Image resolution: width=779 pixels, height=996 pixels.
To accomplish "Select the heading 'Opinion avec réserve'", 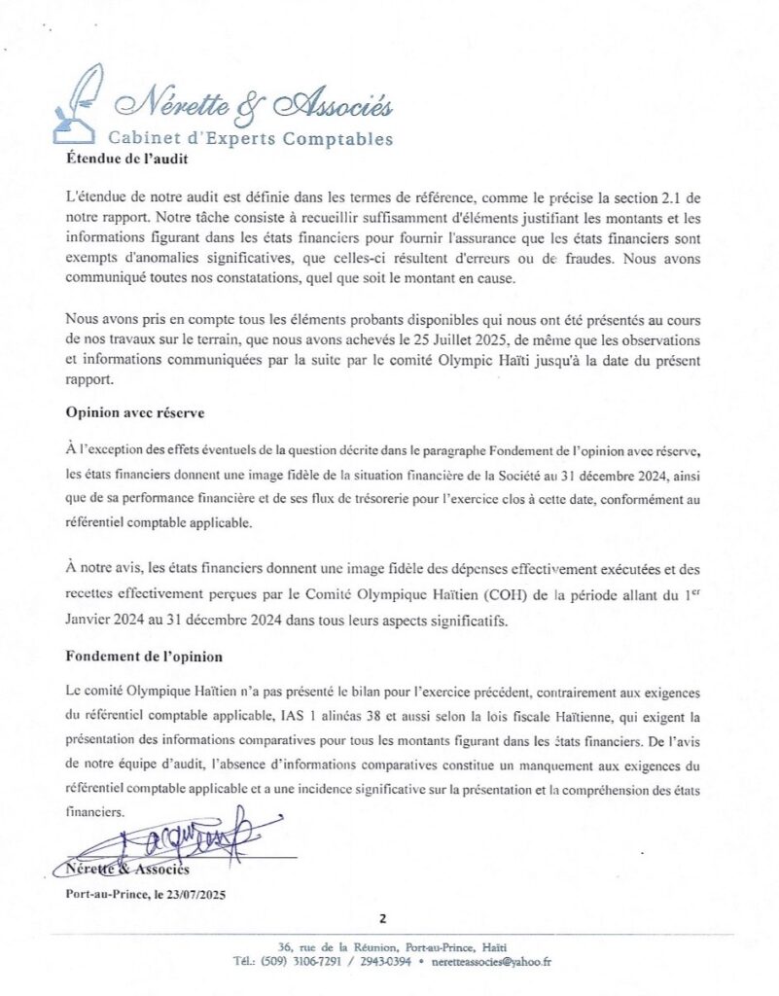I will (x=135, y=411).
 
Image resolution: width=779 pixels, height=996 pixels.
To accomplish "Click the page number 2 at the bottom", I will (x=383, y=917).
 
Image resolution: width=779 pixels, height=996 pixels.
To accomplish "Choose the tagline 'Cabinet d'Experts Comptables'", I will (x=250, y=138).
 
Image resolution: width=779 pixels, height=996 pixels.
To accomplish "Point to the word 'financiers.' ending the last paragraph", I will (x=95, y=810).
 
